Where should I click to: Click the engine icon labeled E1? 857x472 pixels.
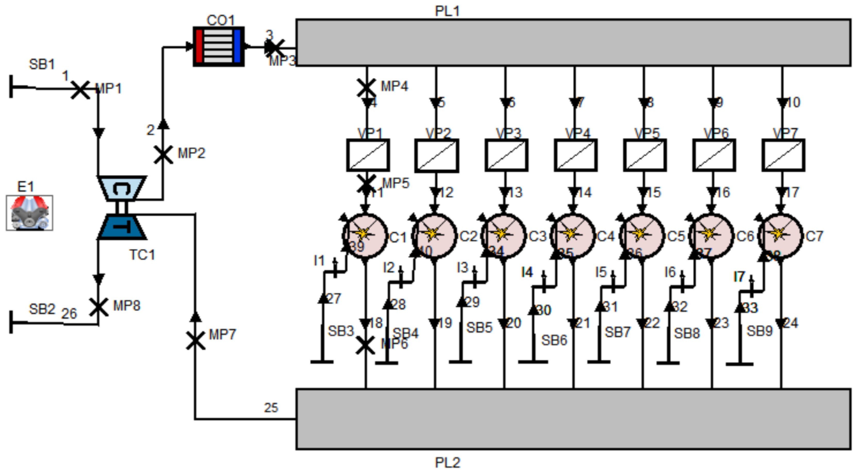pos(29,213)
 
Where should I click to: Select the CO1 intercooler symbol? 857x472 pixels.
pos(219,47)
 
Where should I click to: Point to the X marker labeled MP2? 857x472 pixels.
pos(163,155)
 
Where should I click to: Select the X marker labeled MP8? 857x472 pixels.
pos(98,307)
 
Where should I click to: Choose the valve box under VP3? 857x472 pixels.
pos(506,155)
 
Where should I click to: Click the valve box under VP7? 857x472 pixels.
pos(783,155)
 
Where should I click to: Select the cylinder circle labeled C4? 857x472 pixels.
pos(572,236)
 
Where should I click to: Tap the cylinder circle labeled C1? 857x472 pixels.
pos(365,236)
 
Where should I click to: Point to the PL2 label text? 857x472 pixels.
pos(447,463)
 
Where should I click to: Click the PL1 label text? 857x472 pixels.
pos(447,11)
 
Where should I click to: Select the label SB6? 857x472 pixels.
pos(554,340)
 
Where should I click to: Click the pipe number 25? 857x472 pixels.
pos(271,408)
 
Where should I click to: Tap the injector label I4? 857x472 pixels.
pos(527,273)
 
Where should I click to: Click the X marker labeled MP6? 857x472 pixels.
pos(365,344)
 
